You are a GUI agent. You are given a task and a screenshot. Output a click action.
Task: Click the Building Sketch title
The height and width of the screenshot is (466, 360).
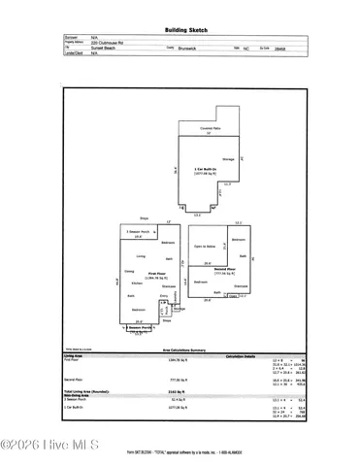180,30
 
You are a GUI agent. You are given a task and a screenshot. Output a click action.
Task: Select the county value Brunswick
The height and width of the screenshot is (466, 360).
194,50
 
